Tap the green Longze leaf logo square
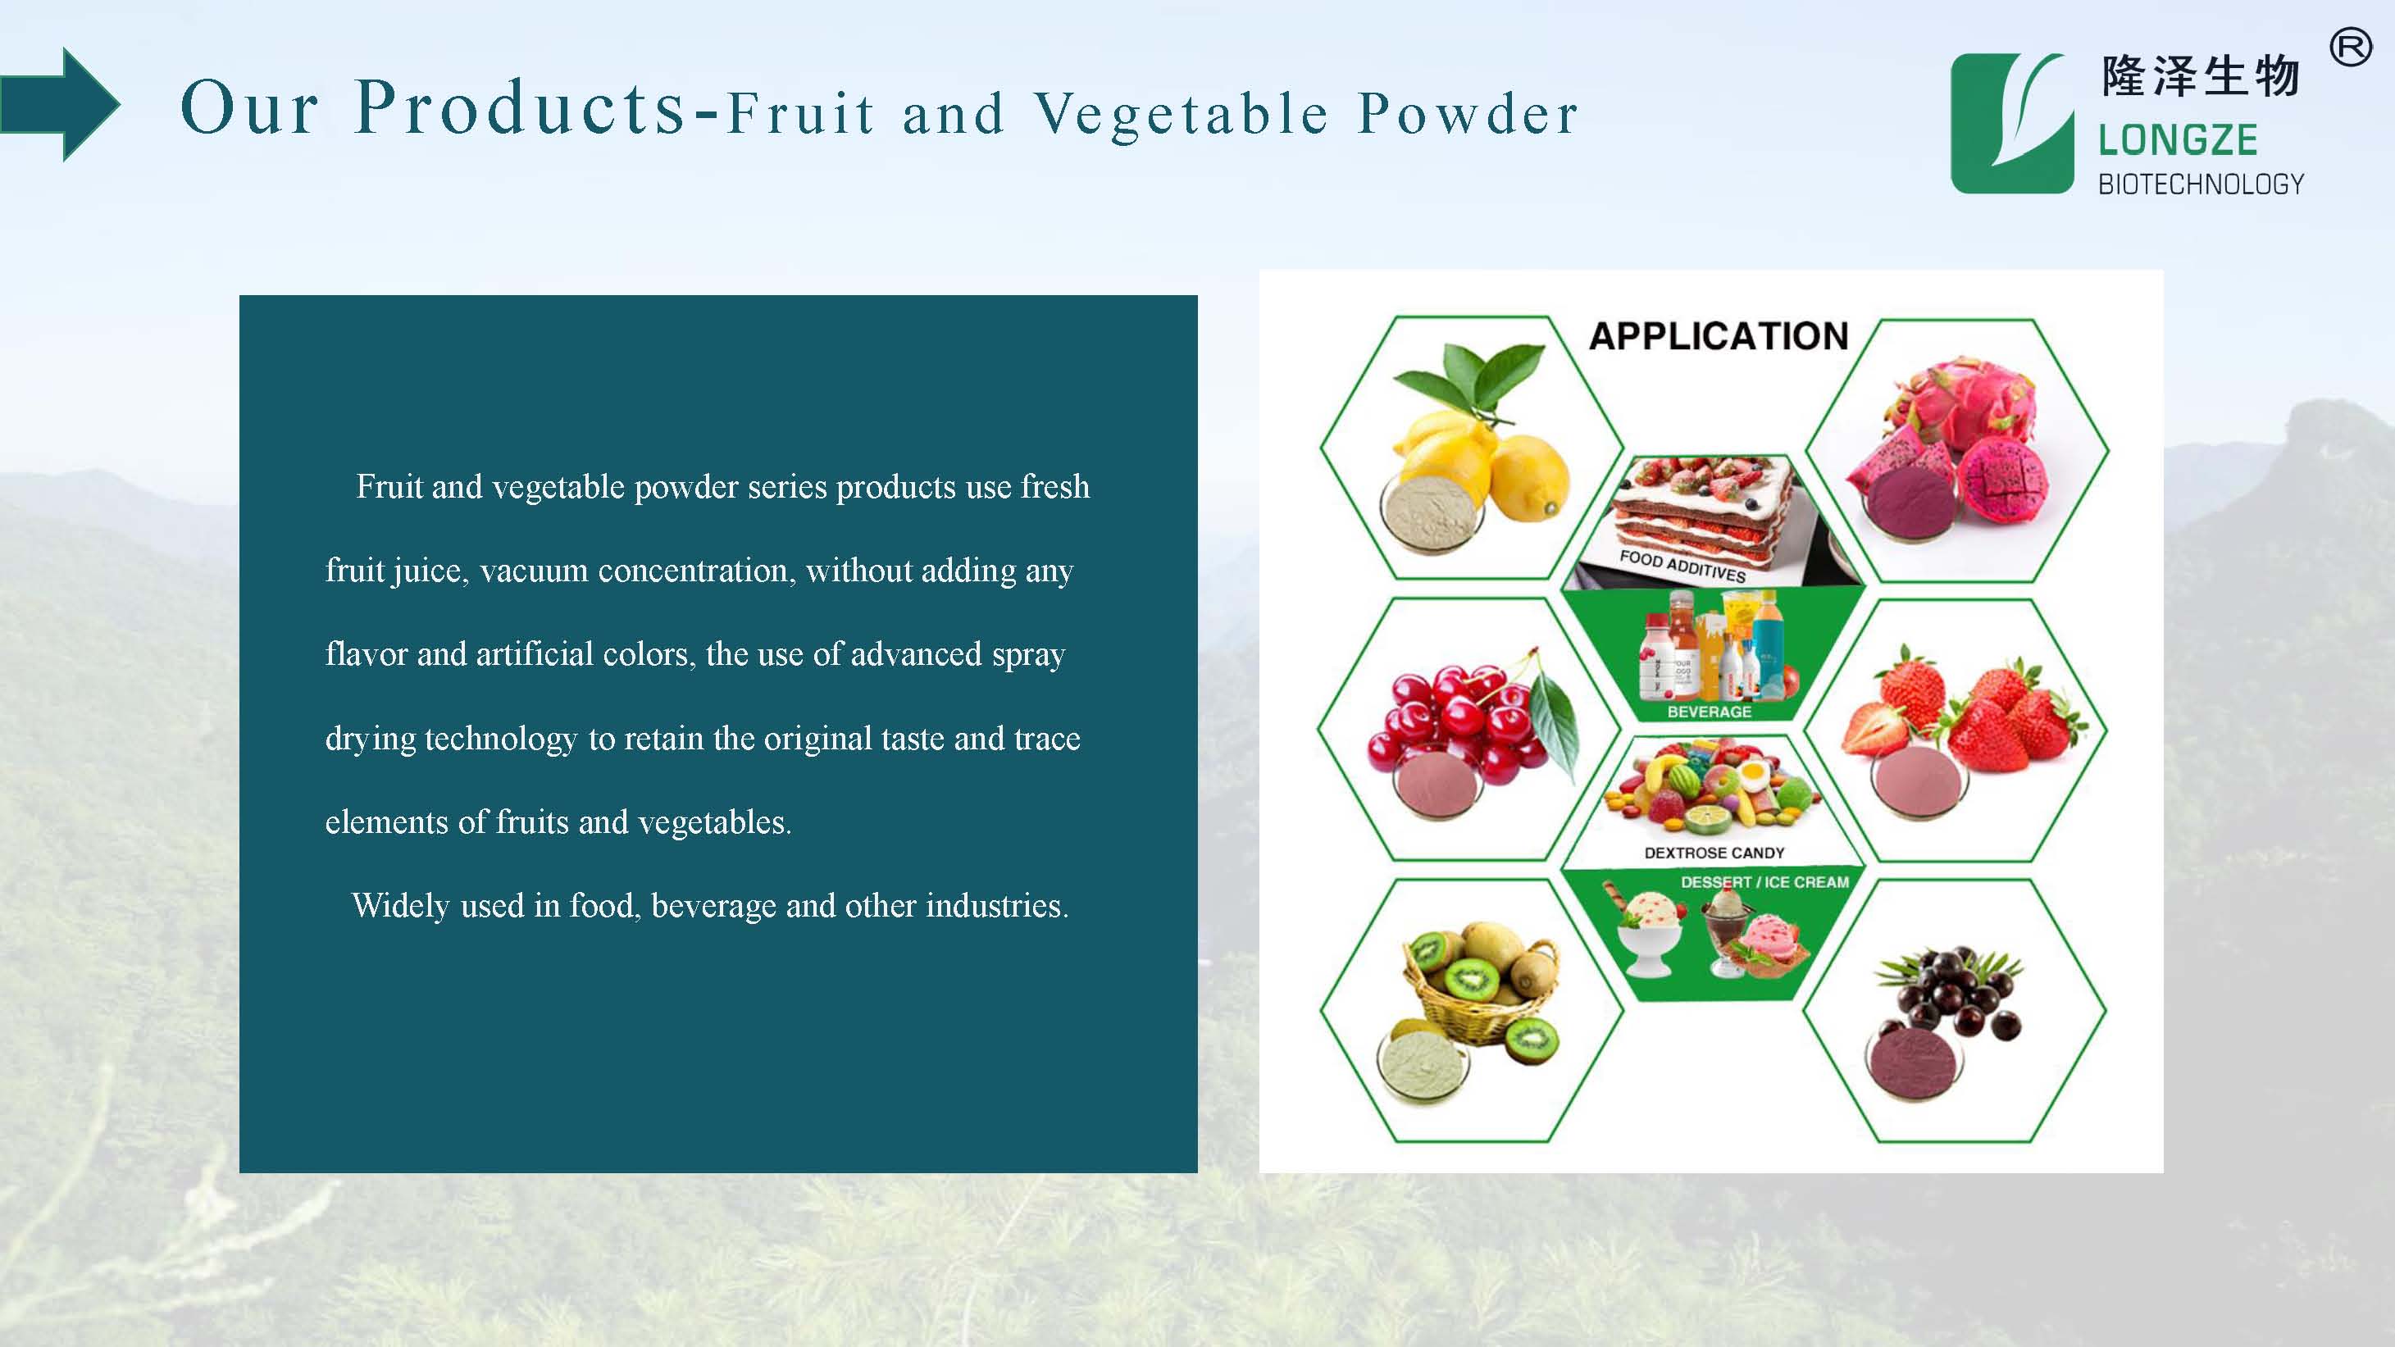2012,124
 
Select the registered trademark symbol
2351,48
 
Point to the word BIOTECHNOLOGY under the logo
2201,184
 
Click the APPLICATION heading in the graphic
1719,335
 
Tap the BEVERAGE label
1709,711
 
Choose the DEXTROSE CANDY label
1714,853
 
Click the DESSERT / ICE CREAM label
1764,881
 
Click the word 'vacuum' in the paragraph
534,571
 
